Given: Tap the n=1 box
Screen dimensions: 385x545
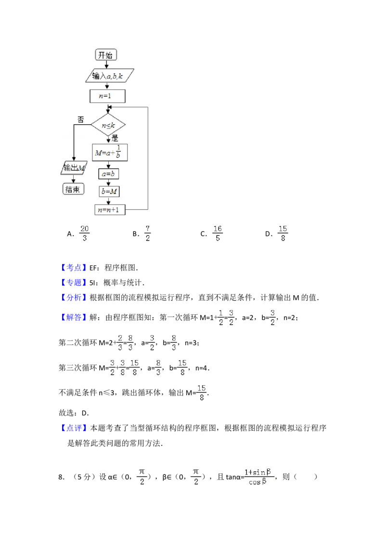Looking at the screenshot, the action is [107, 96].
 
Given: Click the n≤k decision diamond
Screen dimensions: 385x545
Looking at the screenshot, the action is [108, 125].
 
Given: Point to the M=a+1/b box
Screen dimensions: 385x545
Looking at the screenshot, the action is [109, 153].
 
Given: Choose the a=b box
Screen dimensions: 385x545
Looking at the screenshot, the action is [109, 174].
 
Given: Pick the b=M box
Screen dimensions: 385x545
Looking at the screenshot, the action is [109, 191].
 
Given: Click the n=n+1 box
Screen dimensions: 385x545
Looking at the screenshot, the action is [109, 209].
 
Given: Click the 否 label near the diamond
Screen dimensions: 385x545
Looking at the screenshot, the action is [80, 119].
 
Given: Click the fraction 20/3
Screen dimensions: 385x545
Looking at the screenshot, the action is [84, 233].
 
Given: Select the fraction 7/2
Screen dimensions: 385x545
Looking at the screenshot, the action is [148, 233].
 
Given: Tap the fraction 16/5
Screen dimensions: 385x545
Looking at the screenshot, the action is [218, 233].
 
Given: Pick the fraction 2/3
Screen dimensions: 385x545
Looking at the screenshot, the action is [120, 342].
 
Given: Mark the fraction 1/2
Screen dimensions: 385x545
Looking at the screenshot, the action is [220, 318].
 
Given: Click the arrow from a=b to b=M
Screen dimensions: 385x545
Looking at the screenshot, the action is [109, 182].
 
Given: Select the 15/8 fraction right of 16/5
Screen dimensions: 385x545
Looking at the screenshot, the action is [282, 233].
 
